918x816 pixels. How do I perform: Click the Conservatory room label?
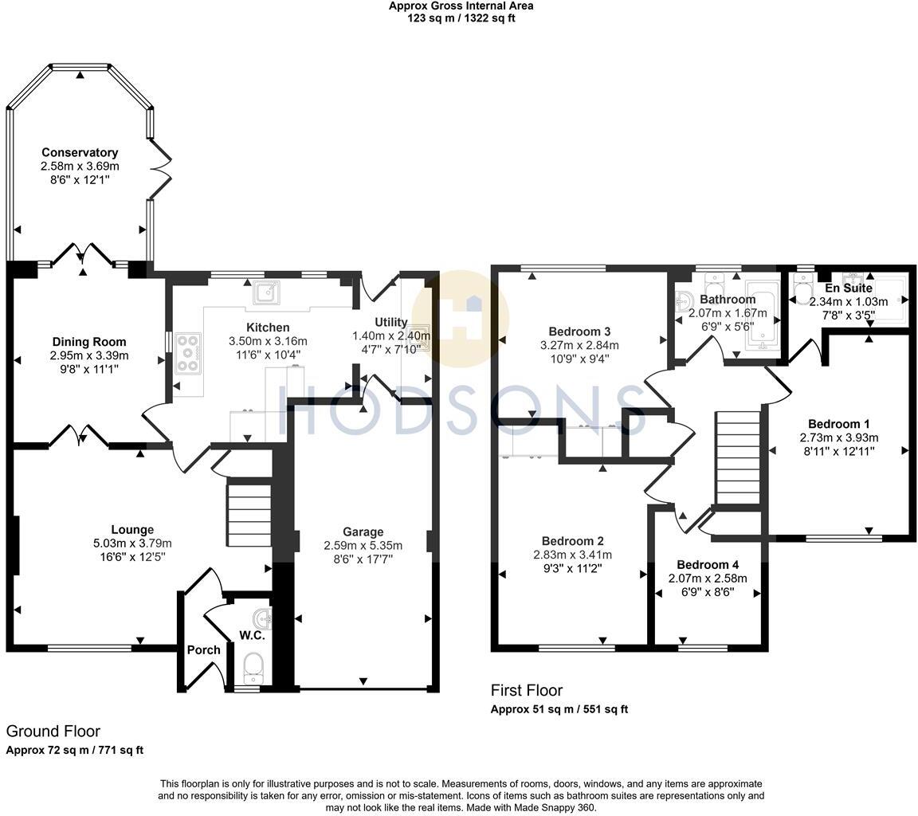click(x=80, y=152)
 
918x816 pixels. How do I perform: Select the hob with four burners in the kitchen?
click(x=188, y=353)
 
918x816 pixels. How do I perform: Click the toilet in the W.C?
click(x=253, y=665)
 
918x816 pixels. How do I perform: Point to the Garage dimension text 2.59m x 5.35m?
click(x=363, y=546)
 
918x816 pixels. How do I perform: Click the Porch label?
click(x=203, y=650)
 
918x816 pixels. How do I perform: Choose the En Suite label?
click(x=849, y=288)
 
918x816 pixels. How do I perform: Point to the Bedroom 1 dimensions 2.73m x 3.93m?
click(x=839, y=437)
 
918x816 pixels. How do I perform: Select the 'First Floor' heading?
click(x=526, y=691)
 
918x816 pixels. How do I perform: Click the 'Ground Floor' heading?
click(x=53, y=731)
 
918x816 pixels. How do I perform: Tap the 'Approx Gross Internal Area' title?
click(x=461, y=6)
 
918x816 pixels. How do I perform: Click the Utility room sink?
click(x=418, y=333)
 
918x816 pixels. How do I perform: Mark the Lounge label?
click(x=132, y=530)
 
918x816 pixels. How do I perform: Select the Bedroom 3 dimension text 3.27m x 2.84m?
click(x=579, y=346)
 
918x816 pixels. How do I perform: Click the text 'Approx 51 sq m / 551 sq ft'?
click(x=559, y=709)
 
